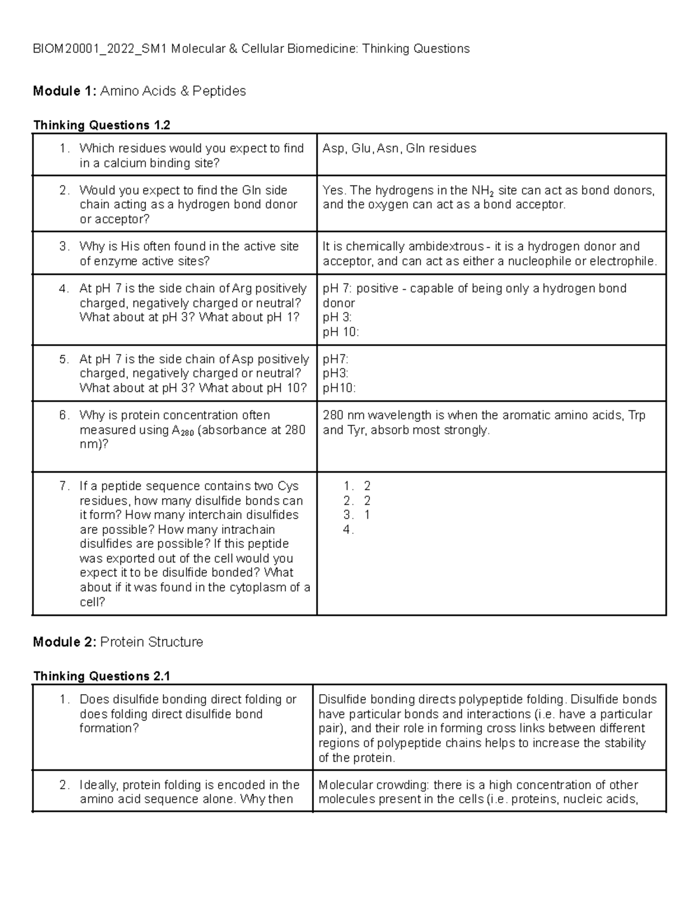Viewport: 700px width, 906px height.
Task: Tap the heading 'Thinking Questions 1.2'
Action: tap(101, 125)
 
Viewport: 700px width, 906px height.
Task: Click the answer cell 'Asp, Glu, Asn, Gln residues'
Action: tap(399, 149)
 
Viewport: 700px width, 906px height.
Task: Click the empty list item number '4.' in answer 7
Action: tap(348, 530)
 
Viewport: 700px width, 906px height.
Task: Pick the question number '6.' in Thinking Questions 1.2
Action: tap(64, 416)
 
